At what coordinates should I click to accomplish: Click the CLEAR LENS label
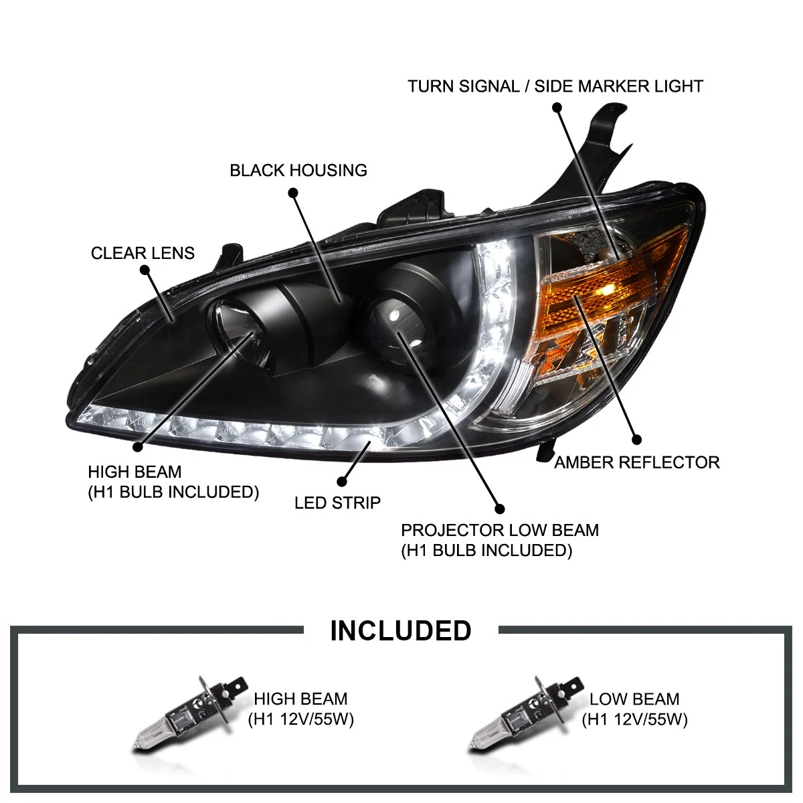(143, 253)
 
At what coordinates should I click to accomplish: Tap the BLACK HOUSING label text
(298, 170)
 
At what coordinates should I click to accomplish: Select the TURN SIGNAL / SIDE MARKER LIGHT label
(555, 86)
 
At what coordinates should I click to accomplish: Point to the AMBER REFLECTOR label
(637, 462)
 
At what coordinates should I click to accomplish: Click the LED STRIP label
(337, 503)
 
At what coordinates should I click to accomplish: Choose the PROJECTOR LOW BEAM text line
(500, 531)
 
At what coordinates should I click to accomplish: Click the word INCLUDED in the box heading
(400, 630)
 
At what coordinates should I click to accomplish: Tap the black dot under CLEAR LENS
(145, 270)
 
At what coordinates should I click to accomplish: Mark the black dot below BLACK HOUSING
(293, 193)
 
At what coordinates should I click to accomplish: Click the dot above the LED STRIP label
(342, 481)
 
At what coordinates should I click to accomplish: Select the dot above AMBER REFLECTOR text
(636, 439)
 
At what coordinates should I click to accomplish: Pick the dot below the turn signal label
(557, 108)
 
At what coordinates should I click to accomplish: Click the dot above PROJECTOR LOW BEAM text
(500, 509)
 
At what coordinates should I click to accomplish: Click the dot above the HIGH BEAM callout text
(138, 447)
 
